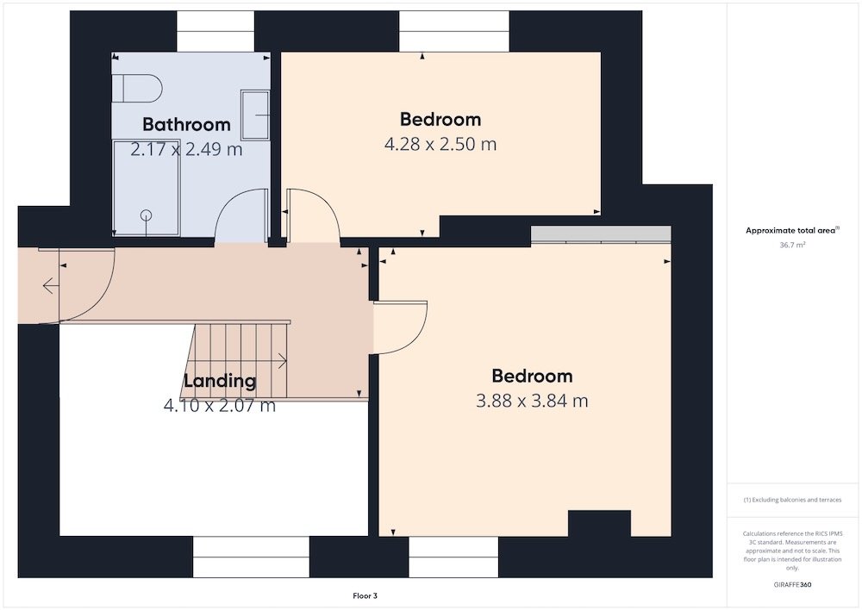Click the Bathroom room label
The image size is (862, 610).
click(x=186, y=124)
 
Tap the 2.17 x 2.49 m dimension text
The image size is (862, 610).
click(x=186, y=149)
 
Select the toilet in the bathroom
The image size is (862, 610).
click(x=137, y=88)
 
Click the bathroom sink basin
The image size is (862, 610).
click(x=256, y=115)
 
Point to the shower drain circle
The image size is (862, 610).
click(x=146, y=215)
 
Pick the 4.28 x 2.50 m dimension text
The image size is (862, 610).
click(x=440, y=144)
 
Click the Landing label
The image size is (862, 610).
click(x=220, y=380)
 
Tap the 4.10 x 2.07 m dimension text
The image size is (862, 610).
click(x=220, y=406)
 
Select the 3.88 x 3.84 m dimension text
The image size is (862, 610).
click(x=532, y=401)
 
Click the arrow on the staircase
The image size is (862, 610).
click(x=282, y=361)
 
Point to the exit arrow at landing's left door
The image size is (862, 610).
click(x=51, y=286)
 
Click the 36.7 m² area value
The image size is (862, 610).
click(x=792, y=245)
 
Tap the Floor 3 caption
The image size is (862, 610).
click(x=365, y=595)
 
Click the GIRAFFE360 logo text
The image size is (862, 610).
click(x=792, y=585)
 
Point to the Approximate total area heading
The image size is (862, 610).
click(x=790, y=231)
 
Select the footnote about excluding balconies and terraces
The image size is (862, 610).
click(x=792, y=500)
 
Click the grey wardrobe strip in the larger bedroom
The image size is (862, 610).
click(x=601, y=234)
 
